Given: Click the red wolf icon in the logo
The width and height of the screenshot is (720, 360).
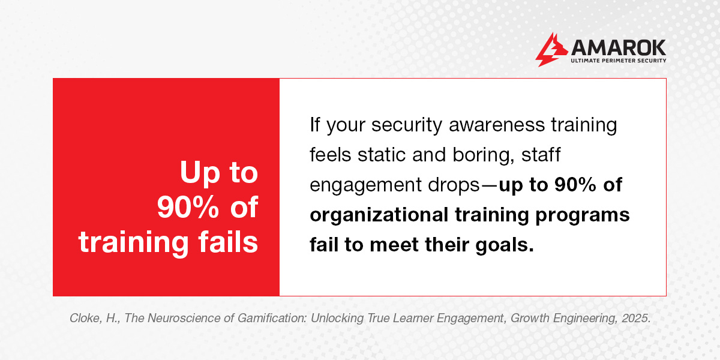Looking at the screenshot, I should point(547,49).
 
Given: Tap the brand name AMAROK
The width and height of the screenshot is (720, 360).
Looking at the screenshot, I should point(617,46).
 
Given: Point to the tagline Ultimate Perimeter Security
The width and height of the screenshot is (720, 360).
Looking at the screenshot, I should point(617,60).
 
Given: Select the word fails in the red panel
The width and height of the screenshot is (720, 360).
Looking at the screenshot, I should point(226,242).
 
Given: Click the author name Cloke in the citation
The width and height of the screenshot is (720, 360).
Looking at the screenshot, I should point(86,319).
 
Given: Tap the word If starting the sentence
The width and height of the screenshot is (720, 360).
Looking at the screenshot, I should point(315,125).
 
